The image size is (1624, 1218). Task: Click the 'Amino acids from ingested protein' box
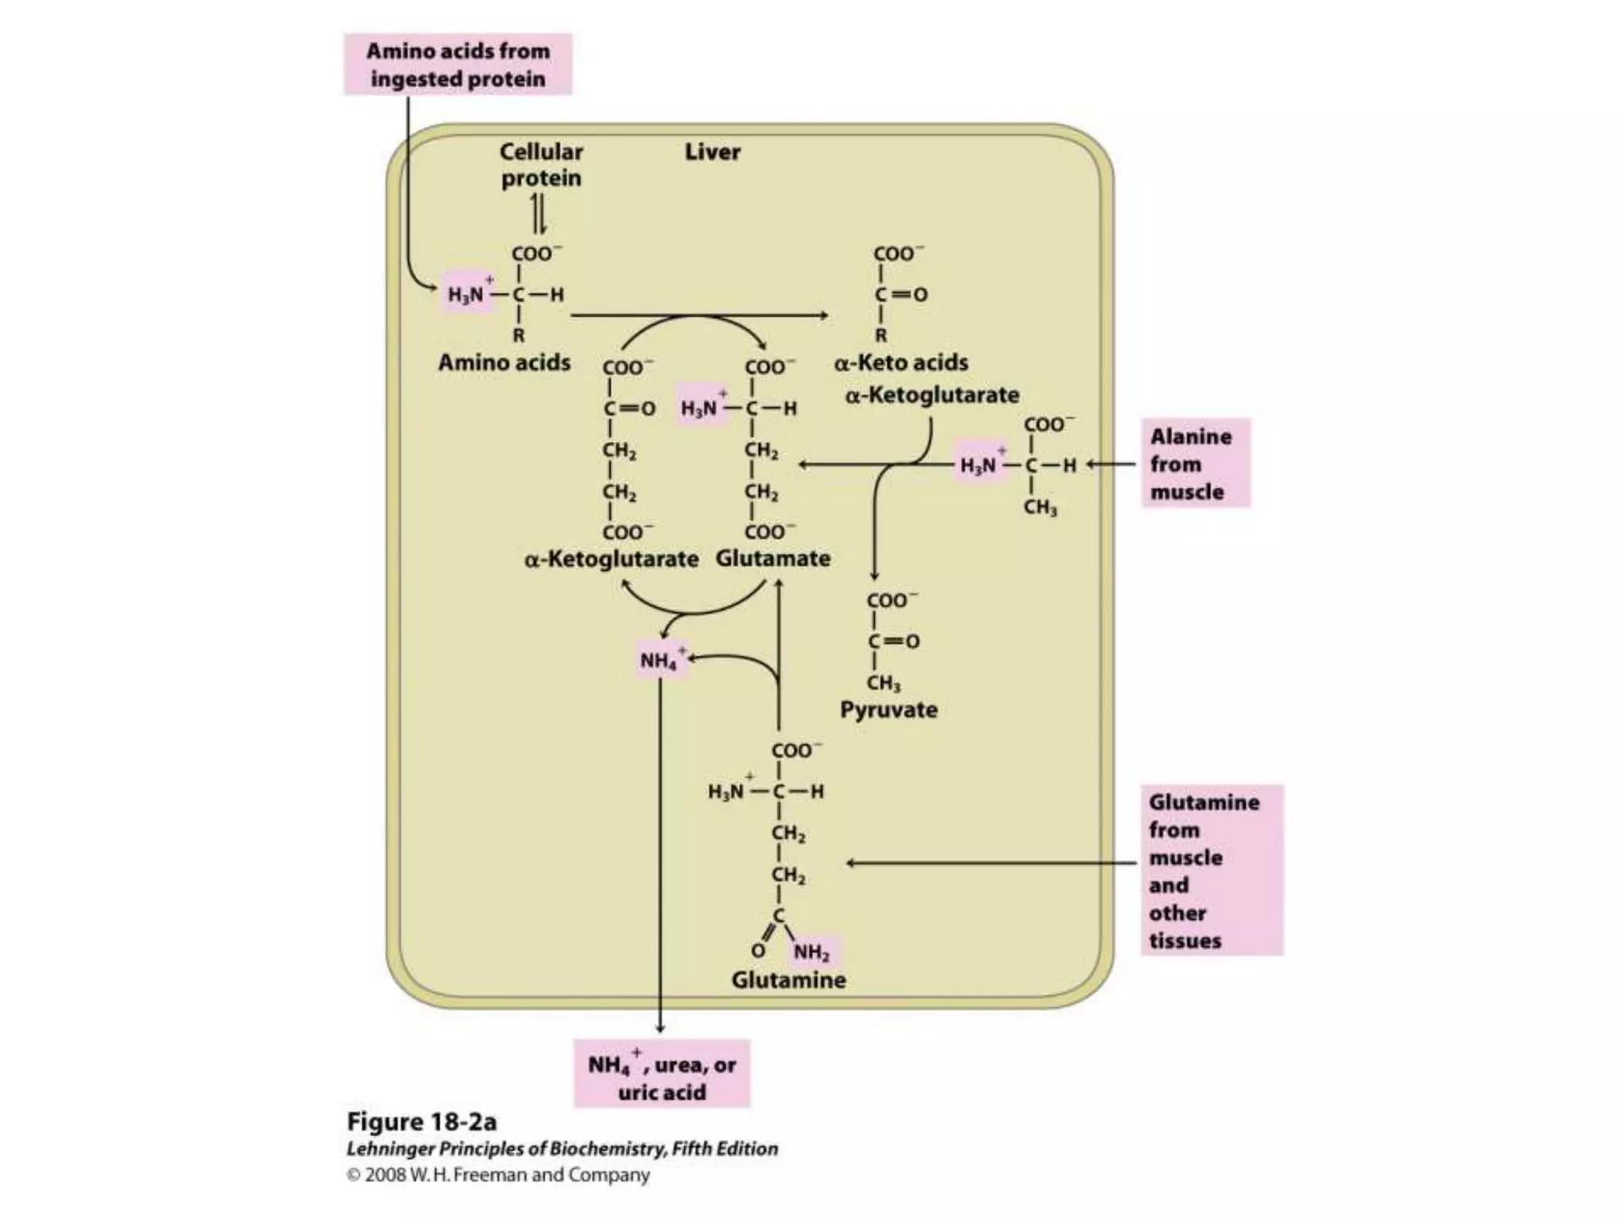coord(458,64)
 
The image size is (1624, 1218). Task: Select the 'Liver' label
coord(712,152)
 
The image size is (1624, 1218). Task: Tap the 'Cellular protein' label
coord(541,164)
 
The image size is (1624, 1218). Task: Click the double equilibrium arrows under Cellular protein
coord(538,214)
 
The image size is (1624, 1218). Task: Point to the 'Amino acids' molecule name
coord(504,362)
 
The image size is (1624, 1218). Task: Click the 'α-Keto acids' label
coord(901,362)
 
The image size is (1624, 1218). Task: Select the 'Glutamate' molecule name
coord(773,558)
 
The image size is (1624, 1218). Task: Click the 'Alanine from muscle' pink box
coord(1195,463)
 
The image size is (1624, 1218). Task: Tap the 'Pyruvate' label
coord(888,709)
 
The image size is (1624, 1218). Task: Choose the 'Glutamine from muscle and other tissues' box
coord(1211,871)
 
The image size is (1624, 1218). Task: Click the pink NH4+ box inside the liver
coord(660,660)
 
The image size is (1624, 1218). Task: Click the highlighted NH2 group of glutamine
coord(813,952)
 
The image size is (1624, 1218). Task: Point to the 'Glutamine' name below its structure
coord(788,980)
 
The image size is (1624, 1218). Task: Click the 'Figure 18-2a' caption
coord(422,1122)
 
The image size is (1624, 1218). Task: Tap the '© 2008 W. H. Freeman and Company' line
coord(498,1174)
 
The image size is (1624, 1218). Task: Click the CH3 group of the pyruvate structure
coord(883,683)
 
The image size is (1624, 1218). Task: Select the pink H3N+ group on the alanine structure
coord(980,464)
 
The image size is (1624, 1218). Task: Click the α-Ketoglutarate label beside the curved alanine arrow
coord(932,395)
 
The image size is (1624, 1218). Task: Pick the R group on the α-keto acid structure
coord(880,335)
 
